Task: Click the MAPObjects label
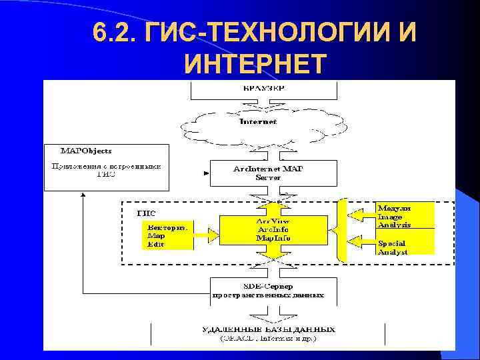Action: [87, 151]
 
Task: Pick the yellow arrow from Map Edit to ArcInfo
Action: [207, 234]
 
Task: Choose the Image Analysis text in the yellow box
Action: [394, 221]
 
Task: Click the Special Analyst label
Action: [393, 247]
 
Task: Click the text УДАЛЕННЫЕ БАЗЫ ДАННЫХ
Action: [269, 329]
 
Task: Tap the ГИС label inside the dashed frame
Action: [147, 213]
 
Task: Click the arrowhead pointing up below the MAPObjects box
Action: [82, 196]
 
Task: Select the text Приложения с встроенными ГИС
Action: [107, 169]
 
